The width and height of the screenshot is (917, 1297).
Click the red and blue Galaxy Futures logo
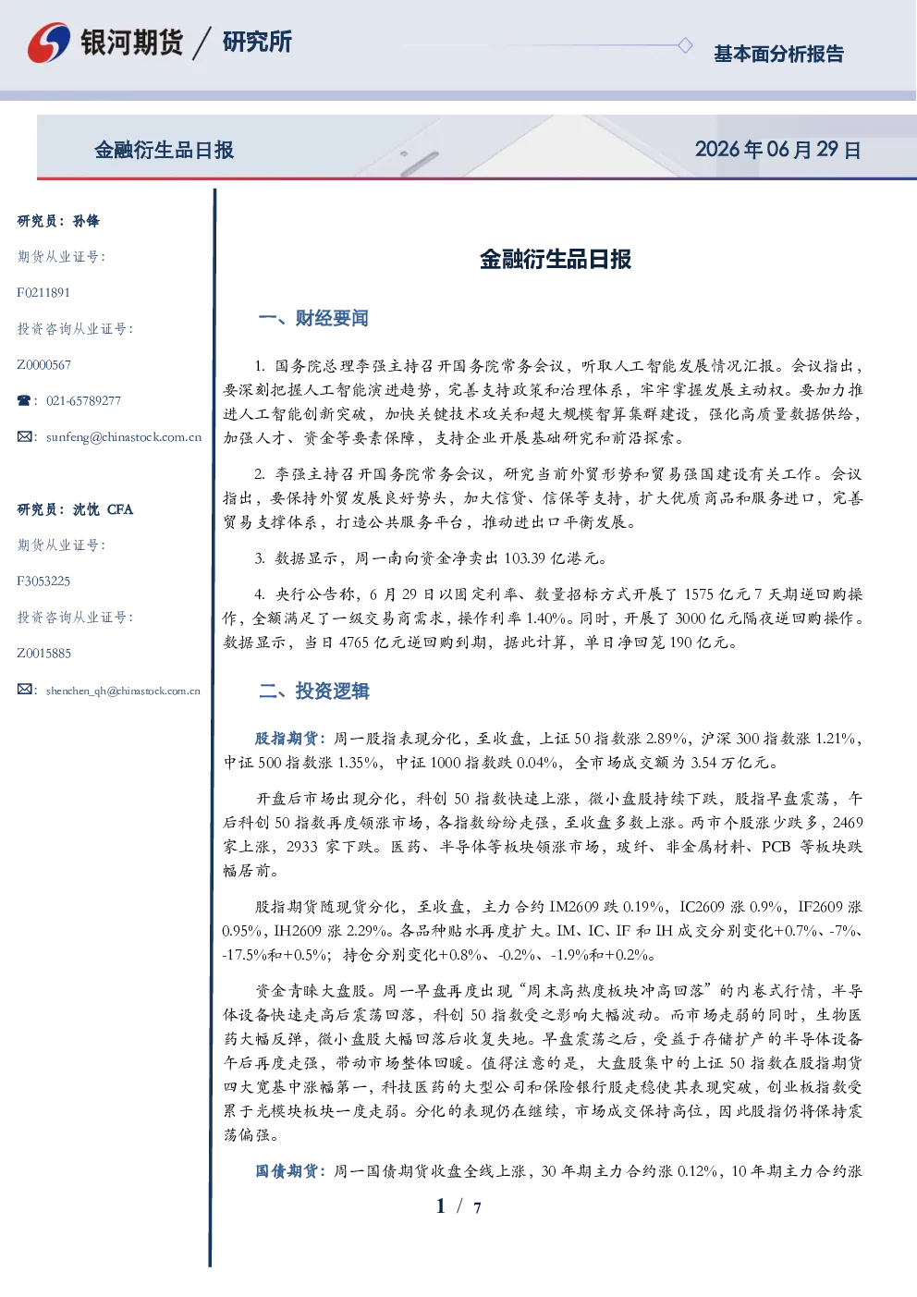(49, 42)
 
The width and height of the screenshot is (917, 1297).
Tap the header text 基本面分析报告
(778, 54)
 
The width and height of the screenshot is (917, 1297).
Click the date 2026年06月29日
(778, 150)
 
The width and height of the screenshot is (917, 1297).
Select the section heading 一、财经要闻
(313, 318)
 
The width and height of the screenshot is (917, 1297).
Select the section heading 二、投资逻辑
(313, 691)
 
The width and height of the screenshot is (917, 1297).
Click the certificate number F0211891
(43, 292)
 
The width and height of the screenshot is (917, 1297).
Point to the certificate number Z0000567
(44, 365)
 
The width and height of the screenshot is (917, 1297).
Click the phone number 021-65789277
(83, 400)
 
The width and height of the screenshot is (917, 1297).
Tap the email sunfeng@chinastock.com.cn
(124, 437)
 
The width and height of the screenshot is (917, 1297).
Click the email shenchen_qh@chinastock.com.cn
(123, 691)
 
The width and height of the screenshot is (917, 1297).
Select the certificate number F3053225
(43, 581)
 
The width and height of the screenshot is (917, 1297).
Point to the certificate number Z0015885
(44, 654)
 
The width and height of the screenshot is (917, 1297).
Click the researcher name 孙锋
(86, 221)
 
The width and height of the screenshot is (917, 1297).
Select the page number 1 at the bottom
(441, 1206)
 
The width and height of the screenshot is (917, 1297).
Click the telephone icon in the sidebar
(24, 400)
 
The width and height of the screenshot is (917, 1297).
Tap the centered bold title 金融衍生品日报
(556, 259)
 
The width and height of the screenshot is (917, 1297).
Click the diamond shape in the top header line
(685, 45)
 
